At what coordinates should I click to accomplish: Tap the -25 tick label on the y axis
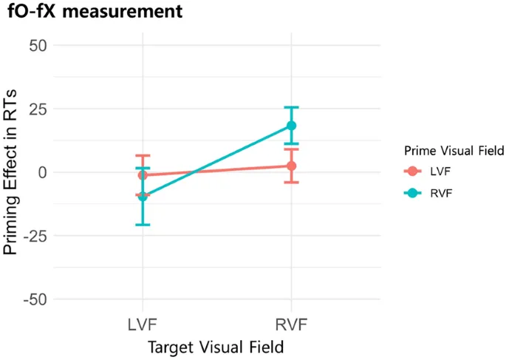click(x=34, y=236)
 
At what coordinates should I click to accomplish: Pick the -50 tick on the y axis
click(x=34, y=299)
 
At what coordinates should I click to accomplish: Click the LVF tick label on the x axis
click(x=143, y=326)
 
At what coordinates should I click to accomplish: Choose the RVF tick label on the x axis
click(x=292, y=326)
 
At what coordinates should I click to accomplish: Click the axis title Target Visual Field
click(x=216, y=347)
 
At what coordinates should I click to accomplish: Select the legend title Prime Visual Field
click(x=454, y=151)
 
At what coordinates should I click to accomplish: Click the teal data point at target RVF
click(x=292, y=126)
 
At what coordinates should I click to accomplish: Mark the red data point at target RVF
click(x=292, y=166)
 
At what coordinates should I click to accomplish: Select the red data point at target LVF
click(x=143, y=175)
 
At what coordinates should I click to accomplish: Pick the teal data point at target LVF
click(x=143, y=197)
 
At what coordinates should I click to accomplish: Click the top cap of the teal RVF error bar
click(x=292, y=107)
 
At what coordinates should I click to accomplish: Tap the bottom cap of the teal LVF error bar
click(x=143, y=225)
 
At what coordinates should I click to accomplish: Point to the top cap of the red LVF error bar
click(x=143, y=155)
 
